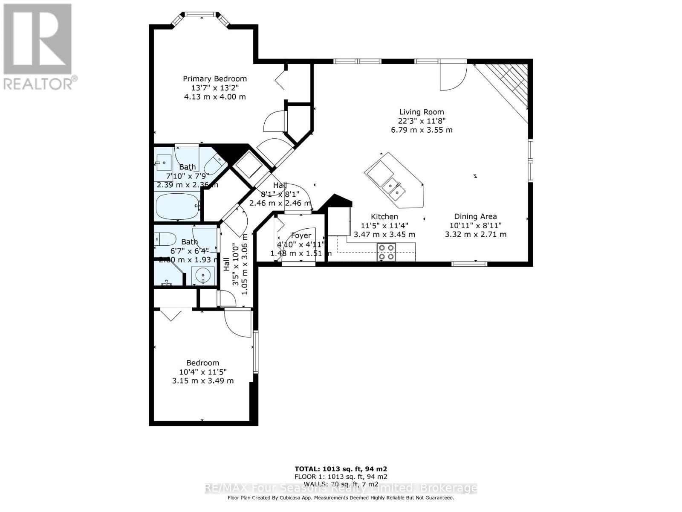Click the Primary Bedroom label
point(215,79)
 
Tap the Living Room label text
point(422,112)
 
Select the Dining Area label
point(475,216)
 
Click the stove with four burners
point(386,252)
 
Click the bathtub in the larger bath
point(178,206)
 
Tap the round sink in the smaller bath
point(203,275)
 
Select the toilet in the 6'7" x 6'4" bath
point(165,239)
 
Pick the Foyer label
point(301,236)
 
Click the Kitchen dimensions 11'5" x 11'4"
point(384,225)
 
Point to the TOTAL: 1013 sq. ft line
point(341,468)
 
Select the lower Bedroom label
point(202,363)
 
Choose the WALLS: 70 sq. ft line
point(341,484)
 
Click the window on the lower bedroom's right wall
point(255,352)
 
